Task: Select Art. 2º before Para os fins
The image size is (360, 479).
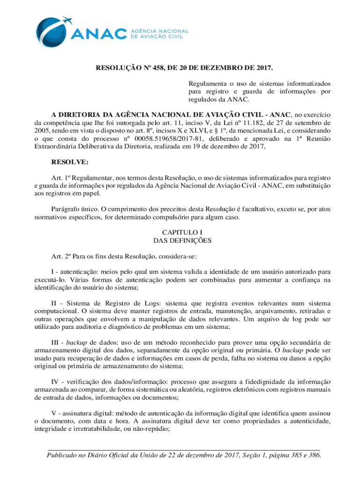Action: [x=60, y=257]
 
